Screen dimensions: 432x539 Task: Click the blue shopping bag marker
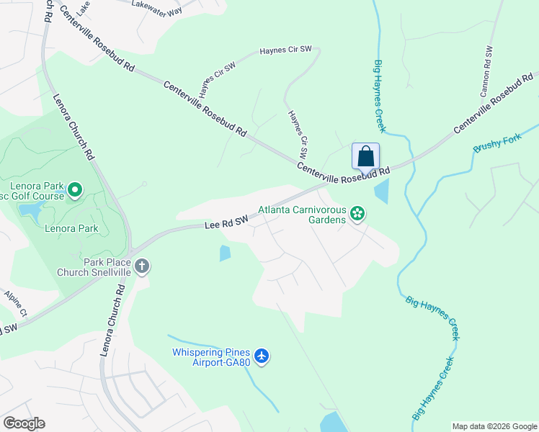click(365, 156)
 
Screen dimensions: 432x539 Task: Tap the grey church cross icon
click(142, 266)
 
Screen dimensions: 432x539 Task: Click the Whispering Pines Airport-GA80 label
click(210, 357)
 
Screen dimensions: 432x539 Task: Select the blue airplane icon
click(262, 356)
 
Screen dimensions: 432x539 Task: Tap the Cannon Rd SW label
click(487, 72)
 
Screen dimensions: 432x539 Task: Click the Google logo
click(24, 423)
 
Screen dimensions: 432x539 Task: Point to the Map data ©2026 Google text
click(494, 426)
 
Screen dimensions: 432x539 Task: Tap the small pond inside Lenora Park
click(30, 210)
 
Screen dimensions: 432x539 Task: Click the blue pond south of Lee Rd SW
click(225, 253)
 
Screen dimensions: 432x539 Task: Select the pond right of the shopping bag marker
click(381, 191)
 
